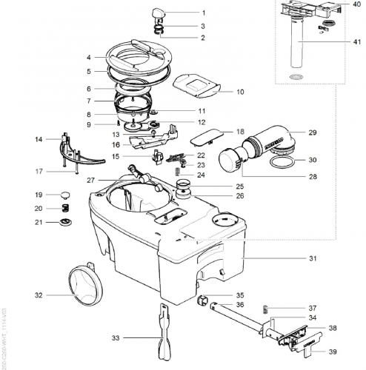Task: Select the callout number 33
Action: pyautogui.click(x=115, y=337)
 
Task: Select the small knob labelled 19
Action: pyautogui.click(x=64, y=195)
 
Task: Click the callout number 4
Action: pyautogui.click(x=88, y=57)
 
